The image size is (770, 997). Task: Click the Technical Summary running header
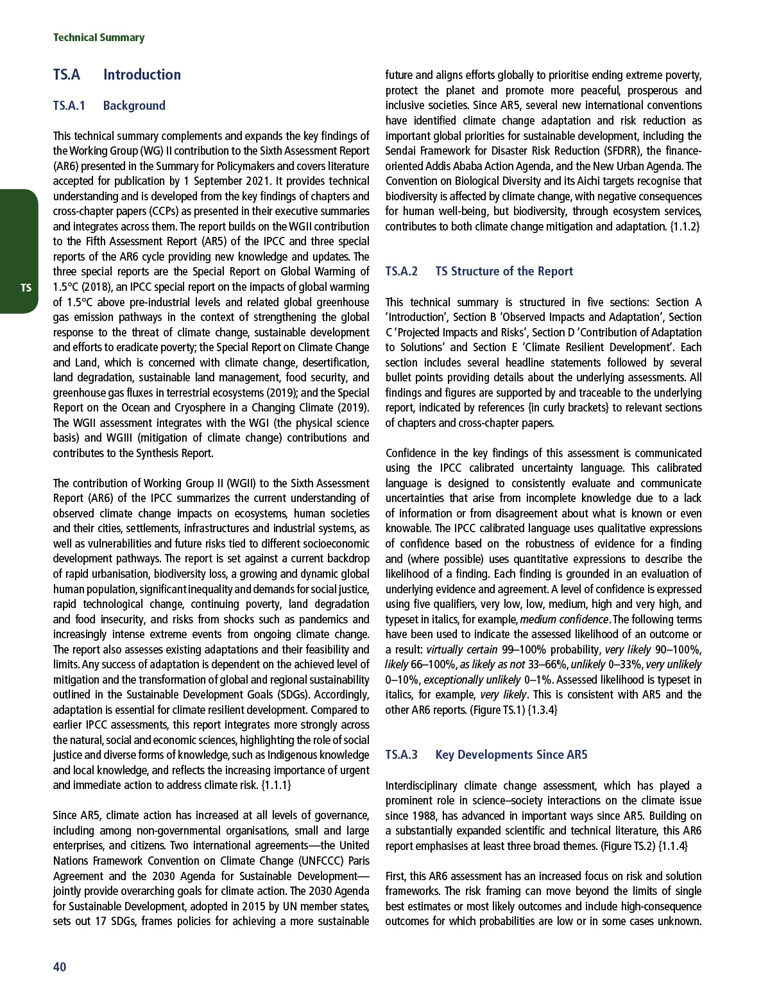[x=99, y=37]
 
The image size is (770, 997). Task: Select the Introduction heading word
[x=142, y=74]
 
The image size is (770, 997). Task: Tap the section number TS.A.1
[x=69, y=105]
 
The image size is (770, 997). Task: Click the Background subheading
[x=134, y=105]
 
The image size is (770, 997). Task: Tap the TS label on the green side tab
[x=26, y=288]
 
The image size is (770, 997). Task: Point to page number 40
[x=60, y=967]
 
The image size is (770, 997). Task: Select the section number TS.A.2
[x=402, y=271]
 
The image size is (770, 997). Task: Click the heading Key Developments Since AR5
[x=511, y=754]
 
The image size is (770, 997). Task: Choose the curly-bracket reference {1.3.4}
[x=542, y=710]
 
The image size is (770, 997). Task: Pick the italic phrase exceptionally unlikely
[x=472, y=680]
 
